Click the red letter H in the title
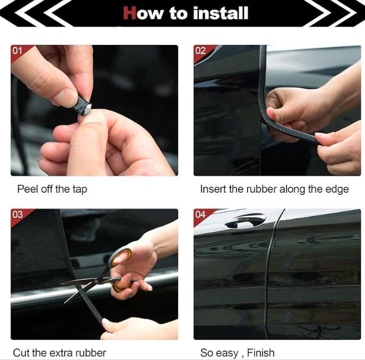(x=130, y=13)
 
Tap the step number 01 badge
(x=17, y=51)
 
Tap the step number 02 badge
(x=201, y=51)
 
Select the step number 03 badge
(x=18, y=214)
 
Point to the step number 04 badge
(x=201, y=214)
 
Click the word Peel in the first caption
(x=28, y=189)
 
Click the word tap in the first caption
(x=80, y=190)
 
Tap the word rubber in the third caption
(x=93, y=353)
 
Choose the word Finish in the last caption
(x=261, y=353)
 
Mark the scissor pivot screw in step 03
(x=96, y=282)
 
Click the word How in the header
(x=144, y=13)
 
